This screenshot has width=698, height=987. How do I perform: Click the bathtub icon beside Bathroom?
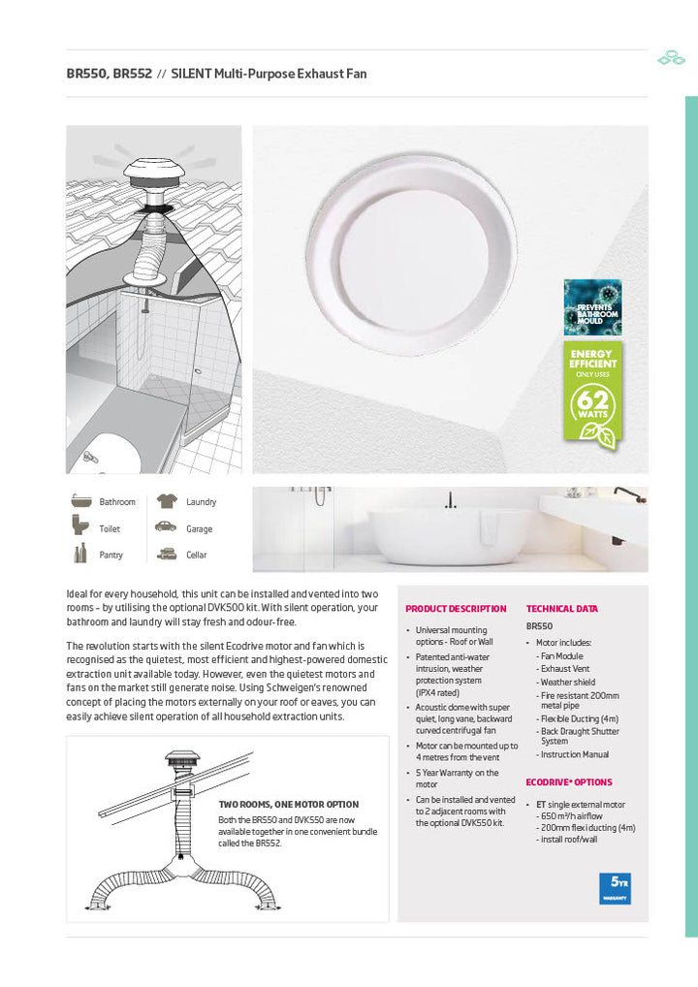pos(80,501)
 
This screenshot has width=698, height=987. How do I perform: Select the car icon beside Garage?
pos(166,527)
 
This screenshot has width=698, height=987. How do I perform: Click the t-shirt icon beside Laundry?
pos(166,501)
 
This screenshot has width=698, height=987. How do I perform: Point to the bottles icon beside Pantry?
pos(80,555)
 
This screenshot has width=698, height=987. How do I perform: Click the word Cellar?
pos(196,556)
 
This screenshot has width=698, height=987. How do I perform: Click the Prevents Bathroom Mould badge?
pos(591,306)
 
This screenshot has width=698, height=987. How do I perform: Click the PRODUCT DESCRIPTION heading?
pos(456,609)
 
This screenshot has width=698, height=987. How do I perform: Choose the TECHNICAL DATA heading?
pos(561,609)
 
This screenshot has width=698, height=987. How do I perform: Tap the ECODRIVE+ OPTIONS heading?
pos(569,781)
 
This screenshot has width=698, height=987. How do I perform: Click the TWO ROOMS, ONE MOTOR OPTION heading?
pos(288,805)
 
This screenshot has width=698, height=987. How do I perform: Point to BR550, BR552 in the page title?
pos(109,74)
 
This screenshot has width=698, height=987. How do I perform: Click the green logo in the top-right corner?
pos(671,58)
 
